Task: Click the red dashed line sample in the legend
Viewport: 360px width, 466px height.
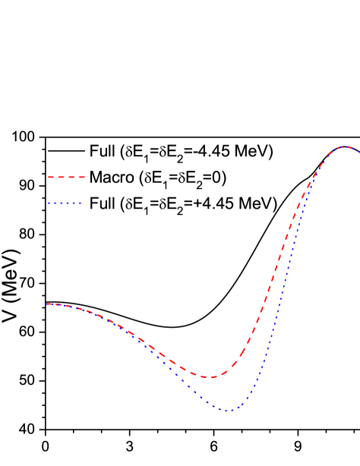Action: click(x=66, y=177)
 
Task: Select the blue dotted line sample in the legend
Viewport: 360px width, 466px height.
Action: click(x=65, y=203)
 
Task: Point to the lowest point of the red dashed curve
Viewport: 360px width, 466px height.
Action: click(x=209, y=376)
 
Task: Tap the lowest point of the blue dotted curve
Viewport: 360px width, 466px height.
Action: click(x=228, y=411)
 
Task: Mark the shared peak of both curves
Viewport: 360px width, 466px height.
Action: click(x=345, y=146)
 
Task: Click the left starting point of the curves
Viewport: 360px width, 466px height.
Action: click(x=47, y=304)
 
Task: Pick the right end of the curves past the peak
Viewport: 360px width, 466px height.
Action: click(x=358, y=151)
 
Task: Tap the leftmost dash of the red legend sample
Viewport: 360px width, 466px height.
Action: click(x=51, y=177)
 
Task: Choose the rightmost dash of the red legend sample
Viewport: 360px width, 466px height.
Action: click(x=81, y=177)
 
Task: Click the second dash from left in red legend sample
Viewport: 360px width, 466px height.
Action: click(x=61, y=177)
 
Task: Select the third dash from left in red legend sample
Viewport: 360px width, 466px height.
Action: click(x=71, y=177)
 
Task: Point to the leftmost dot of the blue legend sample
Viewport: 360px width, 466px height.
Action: click(x=49, y=203)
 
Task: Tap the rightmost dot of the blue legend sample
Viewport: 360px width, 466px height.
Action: click(x=80, y=203)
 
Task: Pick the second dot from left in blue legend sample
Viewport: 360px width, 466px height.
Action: click(x=55, y=203)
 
